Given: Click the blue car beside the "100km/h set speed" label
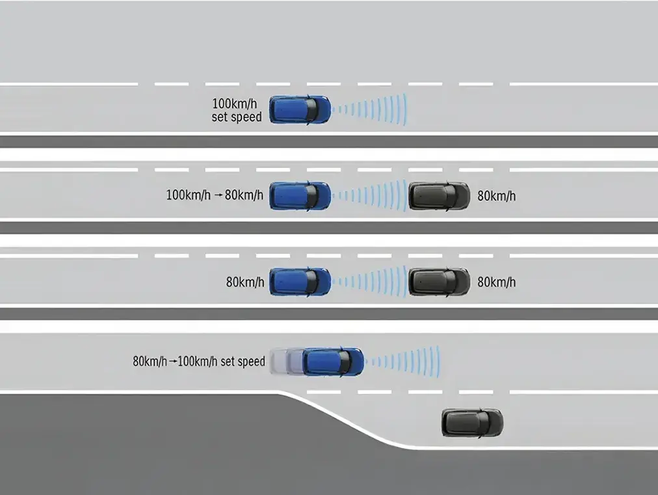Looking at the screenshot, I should [x=300, y=109].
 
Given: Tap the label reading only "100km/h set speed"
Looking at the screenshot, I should [x=237, y=110].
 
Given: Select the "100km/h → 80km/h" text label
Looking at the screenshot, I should [x=215, y=195].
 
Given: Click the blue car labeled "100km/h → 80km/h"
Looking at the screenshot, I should [x=300, y=195].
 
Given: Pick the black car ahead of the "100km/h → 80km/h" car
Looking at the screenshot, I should [x=439, y=195].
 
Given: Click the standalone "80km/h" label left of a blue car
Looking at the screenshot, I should [x=245, y=283].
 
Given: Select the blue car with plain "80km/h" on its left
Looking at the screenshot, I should [x=300, y=281].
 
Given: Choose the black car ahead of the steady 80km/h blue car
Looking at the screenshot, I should [x=439, y=281].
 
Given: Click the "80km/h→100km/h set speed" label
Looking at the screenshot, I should [x=199, y=361].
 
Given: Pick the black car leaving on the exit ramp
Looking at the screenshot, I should [x=472, y=423].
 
